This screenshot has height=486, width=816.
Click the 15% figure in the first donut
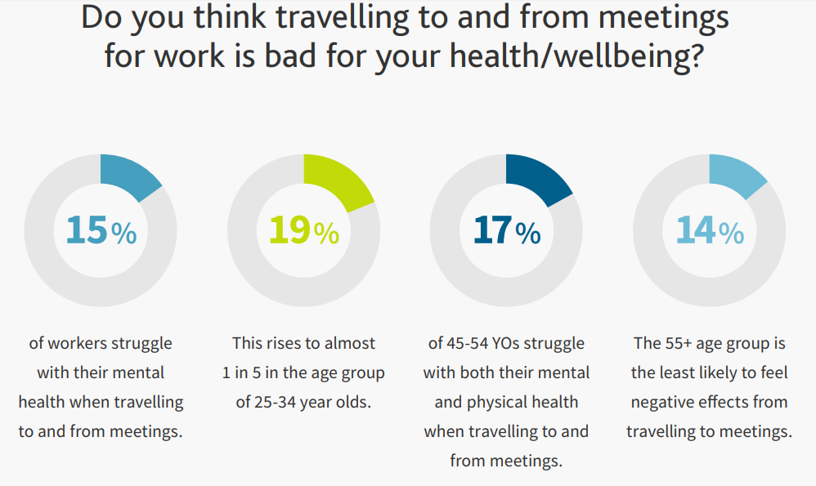(x=101, y=230)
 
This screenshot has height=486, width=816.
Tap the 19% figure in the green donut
(x=304, y=230)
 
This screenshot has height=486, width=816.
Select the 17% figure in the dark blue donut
(x=507, y=230)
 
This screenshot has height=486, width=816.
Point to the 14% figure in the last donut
(x=710, y=230)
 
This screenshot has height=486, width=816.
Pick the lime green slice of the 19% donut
(x=336, y=181)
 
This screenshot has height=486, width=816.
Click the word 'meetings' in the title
(x=664, y=18)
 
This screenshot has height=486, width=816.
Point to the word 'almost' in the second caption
(x=350, y=344)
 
